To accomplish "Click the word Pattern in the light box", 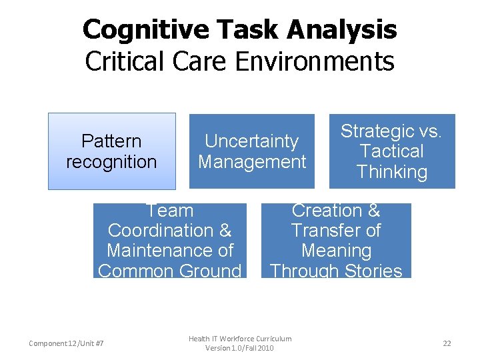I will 111,141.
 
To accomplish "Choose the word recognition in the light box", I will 111,161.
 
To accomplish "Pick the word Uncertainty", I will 251,141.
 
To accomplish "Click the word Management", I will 252,161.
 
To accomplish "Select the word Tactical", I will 391,151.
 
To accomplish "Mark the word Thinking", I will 391,171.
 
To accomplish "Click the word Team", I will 169,211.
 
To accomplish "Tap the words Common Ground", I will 169,271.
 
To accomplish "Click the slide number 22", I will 447,343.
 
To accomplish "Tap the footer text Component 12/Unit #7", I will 66,343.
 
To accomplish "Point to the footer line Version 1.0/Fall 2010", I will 239,348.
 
